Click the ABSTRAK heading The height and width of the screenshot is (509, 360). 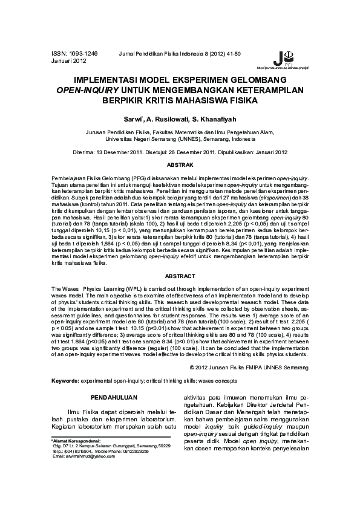pos(180,164)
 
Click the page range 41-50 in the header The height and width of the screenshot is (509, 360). pos(232,54)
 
